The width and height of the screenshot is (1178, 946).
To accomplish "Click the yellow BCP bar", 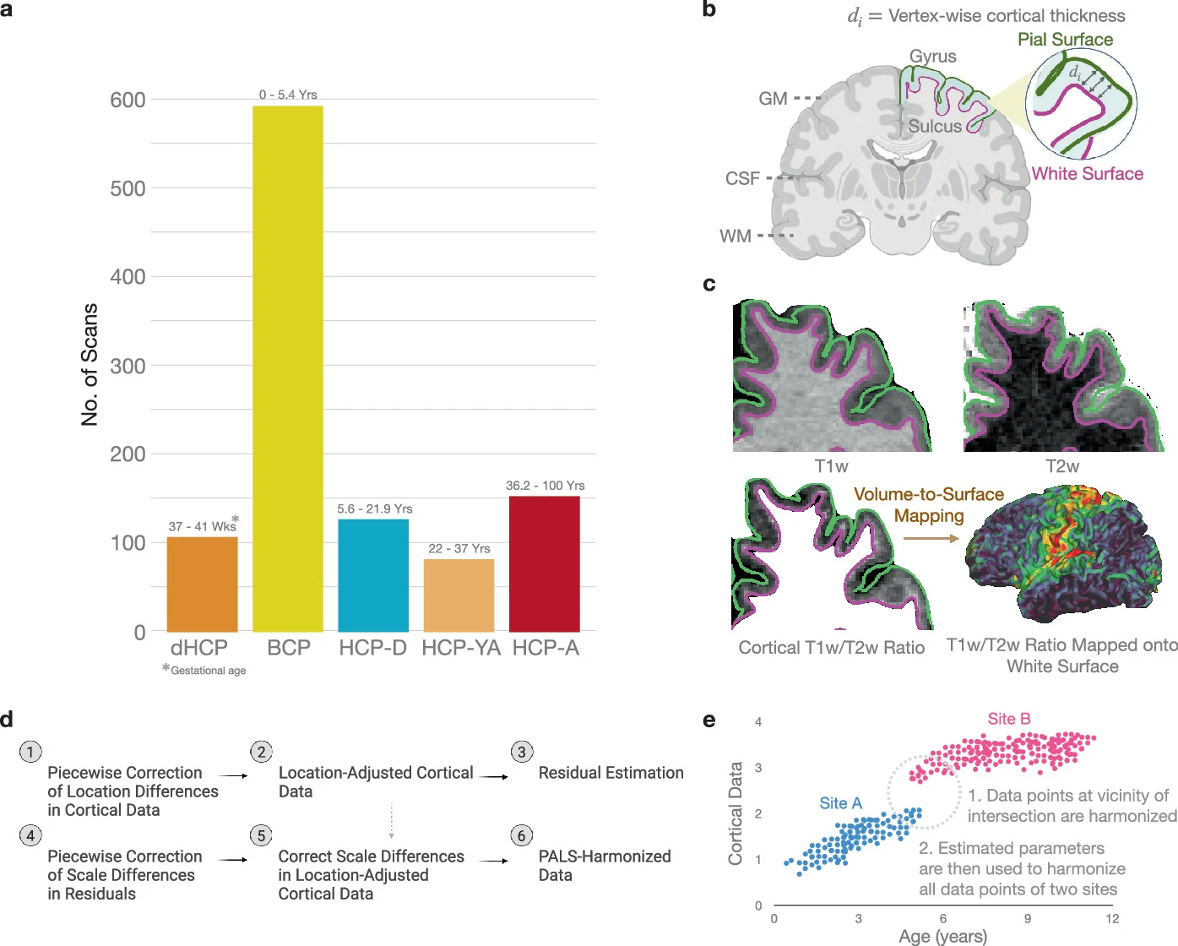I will tap(288, 368).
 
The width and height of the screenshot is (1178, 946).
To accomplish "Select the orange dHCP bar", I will tap(202, 584).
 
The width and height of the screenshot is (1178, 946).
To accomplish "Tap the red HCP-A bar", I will tap(545, 563).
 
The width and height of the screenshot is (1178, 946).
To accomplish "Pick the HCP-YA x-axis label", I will tap(461, 648).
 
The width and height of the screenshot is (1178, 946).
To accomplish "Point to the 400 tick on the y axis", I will tap(128, 277).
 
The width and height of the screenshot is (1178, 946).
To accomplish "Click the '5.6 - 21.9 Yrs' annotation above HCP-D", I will tap(375, 508).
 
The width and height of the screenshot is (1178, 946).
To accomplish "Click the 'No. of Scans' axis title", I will tap(90, 364).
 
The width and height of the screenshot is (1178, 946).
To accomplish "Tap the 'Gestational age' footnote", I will tap(208, 671).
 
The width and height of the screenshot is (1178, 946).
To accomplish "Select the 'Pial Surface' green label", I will tap(1065, 40).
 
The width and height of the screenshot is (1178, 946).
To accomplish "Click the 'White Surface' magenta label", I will tap(1088, 174).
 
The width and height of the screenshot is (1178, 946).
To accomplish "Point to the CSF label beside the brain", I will tap(742, 179).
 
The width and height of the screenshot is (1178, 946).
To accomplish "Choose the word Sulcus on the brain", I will tap(935, 127).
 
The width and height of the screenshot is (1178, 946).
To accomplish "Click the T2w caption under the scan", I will tap(1062, 466).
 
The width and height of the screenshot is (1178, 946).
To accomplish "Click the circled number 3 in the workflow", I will tap(522, 752).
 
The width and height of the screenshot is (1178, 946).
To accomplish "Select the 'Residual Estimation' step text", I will tap(611, 773).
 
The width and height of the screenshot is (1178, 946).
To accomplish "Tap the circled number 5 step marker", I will tap(261, 835).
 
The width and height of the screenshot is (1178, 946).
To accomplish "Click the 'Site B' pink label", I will tap(1009, 719).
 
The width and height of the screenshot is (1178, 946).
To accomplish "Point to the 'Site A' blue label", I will tap(840, 803).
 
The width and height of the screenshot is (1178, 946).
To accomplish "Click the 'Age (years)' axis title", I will tap(942, 936).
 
